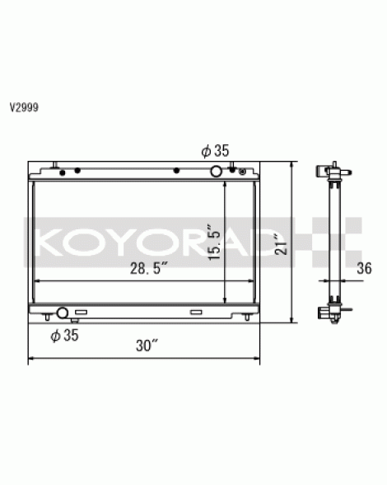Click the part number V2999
tap(24, 107)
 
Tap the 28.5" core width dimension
tap(148, 268)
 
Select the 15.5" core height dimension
tap(214, 242)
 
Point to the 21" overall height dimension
tap(281, 244)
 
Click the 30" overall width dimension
tap(147, 345)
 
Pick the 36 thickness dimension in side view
tap(364, 268)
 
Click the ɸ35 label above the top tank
tap(215, 151)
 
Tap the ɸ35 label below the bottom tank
tap(64, 335)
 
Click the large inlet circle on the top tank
tap(217, 172)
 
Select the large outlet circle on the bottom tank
tap(63, 313)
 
